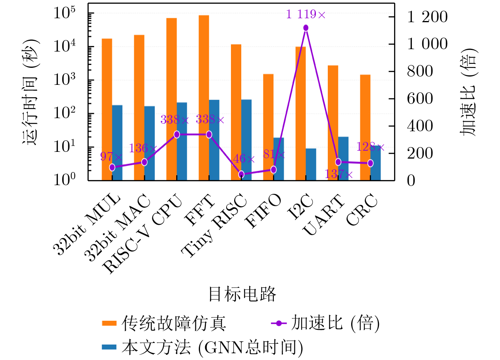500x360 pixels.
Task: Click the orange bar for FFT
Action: point(204,98)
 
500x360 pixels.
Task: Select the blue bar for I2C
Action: point(311,165)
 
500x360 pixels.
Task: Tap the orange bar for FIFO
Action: point(268,127)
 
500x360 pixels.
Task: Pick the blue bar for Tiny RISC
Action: point(246,140)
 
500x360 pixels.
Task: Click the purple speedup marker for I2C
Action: point(306,28)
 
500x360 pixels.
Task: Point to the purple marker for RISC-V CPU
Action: point(177,134)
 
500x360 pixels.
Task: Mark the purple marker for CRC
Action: point(370,163)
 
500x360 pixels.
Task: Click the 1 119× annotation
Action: point(306,14)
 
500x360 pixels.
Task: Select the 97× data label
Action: point(111,156)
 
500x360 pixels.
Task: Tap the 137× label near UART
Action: point(338,174)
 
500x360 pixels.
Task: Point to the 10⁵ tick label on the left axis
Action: point(65,13)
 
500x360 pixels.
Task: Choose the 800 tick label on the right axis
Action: point(420,71)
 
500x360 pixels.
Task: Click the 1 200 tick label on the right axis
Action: point(427,17)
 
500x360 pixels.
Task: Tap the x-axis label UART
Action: point(323,214)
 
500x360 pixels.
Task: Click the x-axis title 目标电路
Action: point(242,294)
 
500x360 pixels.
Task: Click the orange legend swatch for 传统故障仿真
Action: point(109,323)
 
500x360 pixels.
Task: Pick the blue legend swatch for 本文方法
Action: point(109,347)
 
